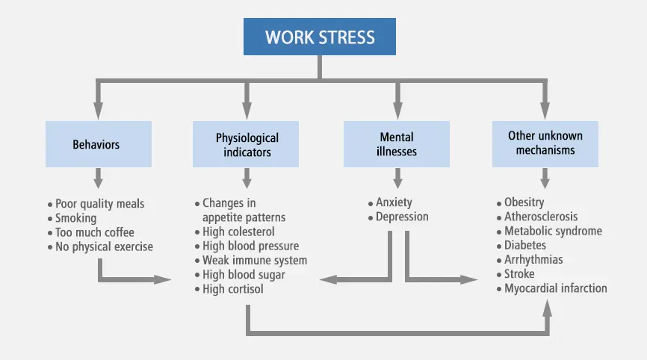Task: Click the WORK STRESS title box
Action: click(320, 37)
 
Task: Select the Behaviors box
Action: click(97, 144)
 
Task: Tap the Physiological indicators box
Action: click(247, 144)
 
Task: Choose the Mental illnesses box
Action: click(397, 144)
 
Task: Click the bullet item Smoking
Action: click(76, 218)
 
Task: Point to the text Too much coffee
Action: click(94, 232)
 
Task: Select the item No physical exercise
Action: click(104, 246)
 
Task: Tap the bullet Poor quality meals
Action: click(100, 204)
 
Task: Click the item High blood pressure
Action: click(250, 246)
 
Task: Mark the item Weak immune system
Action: click(255, 261)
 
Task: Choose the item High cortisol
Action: click(233, 289)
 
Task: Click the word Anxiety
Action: click(394, 202)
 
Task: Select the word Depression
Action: click(402, 217)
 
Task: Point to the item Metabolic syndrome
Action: click(553, 231)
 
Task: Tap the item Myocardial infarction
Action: click(556, 288)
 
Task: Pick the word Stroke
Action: click(519, 274)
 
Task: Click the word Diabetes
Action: click(525, 245)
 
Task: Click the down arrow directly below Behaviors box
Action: click(97, 179)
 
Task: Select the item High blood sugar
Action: click(244, 275)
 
